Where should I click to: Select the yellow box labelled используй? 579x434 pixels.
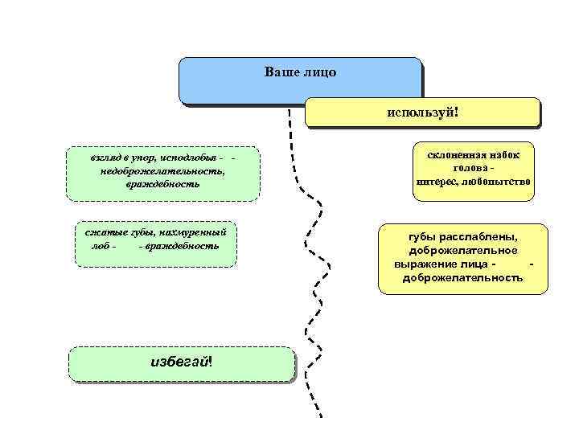[x=422, y=112]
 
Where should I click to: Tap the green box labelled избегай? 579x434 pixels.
[x=182, y=362]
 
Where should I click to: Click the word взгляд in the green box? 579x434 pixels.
[x=108, y=157]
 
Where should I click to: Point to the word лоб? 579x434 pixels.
[x=101, y=244]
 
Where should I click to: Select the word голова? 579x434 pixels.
[x=468, y=168]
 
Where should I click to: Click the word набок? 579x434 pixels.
[x=504, y=154]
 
